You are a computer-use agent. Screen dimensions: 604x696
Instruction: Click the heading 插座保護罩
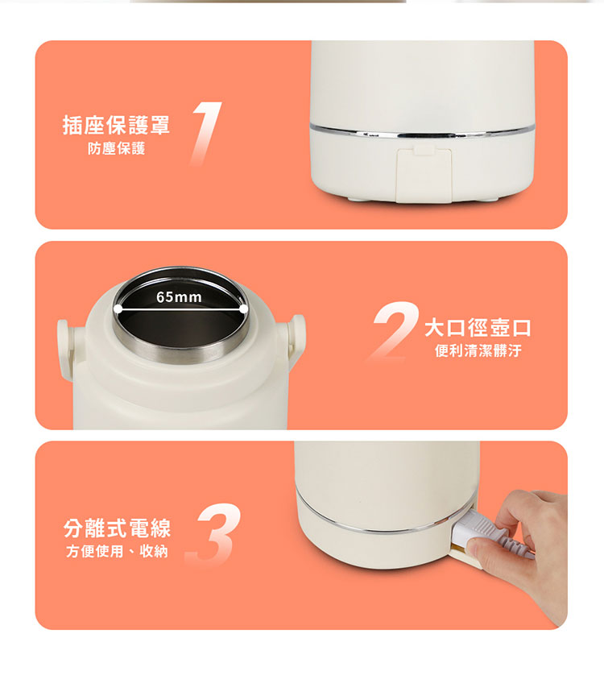(x=116, y=125)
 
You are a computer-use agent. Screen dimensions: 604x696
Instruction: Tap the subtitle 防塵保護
(x=116, y=148)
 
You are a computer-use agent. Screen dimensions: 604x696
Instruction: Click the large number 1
(x=206, y=134)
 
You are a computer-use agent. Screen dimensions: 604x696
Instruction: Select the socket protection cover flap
(x=424, y=175)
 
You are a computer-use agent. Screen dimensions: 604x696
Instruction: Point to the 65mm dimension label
(x=180, y=297)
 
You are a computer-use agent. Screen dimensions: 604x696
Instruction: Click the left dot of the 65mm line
(x=118, y=309)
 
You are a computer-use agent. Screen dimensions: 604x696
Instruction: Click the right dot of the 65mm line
(x=244, y=309)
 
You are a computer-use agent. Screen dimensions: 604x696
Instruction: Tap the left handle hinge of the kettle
(x=64, y=349)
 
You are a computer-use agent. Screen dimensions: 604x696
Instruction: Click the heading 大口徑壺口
(x=478, y=328)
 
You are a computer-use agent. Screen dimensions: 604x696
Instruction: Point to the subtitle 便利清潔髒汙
(x=478, y=350)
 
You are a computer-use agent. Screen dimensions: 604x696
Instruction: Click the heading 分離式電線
(x=117, y=528)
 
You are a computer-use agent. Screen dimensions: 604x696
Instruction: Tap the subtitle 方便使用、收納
(x=117, y=551)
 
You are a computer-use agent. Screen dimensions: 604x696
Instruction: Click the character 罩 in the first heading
(x=159, y=125)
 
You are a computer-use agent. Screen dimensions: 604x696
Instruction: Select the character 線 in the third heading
(x=160, y=528)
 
